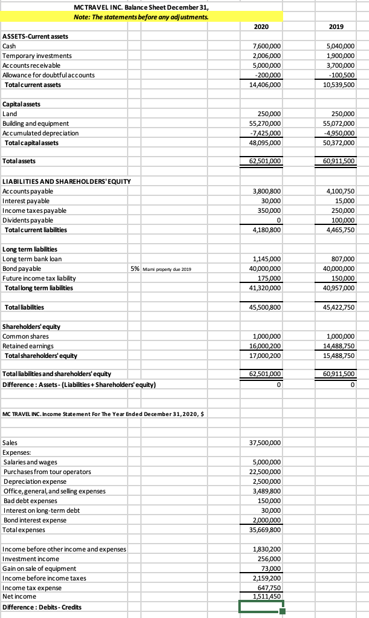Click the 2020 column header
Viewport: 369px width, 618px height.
[261, 27]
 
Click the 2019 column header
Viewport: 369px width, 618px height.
[336, 27]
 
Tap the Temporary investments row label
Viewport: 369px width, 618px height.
[37, 56]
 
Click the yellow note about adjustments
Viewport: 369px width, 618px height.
[141, 17]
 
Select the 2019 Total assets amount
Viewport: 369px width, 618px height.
[338, 161]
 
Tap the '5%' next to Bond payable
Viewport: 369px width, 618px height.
[136, 268]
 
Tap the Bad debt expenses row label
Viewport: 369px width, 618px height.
[30, 501]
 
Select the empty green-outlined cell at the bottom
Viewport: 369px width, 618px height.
[261, 607]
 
